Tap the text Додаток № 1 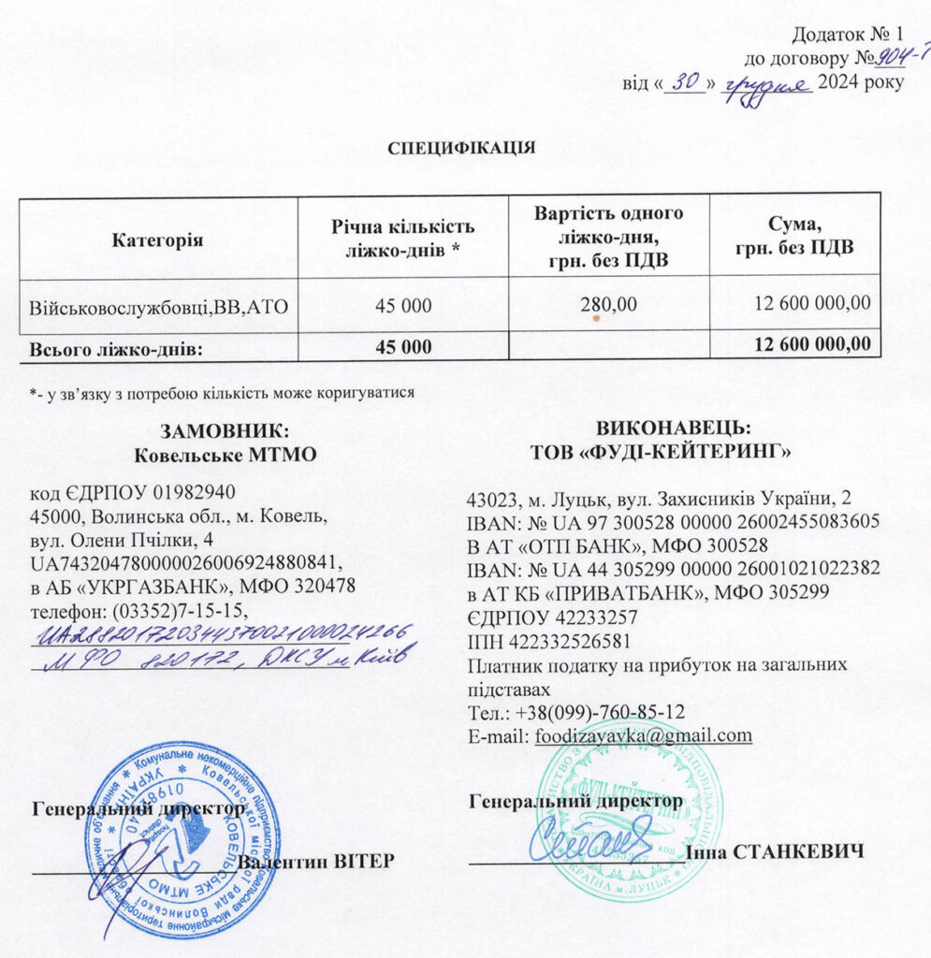pos(847,36)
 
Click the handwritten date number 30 pos(686,83)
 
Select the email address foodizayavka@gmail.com pos(644,735)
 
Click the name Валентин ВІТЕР pos(316,861)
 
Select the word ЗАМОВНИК pos(221,431)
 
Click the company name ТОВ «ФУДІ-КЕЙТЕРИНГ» pos(660,453)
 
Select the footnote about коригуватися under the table pos(222,393)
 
